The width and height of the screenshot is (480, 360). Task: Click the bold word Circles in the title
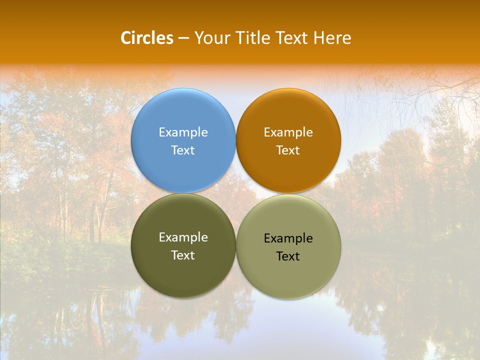tap(146, 38)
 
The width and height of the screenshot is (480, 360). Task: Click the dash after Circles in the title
tap(183, 38)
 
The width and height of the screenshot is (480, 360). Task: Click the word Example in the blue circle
tap(183, 132)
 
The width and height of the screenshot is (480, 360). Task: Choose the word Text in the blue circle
tap(183, 150)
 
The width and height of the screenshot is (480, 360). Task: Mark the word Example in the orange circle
tap(288, 132)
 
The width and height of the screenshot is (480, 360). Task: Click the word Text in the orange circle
tap(288, 150)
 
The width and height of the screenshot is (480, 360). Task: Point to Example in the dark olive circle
tap(183, 237)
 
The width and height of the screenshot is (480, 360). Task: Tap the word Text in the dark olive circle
tap(183, 255)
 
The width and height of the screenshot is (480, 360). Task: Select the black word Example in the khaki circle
tap(288, 238)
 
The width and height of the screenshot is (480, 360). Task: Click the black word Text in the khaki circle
tap(288, 256)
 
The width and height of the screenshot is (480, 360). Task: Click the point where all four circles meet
tap(236, 193)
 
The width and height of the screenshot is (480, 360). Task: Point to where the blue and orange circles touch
tap(236, 140)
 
